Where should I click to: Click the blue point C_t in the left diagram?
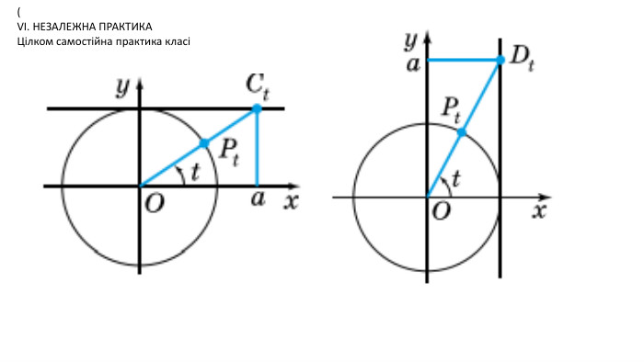[x=257, y=108]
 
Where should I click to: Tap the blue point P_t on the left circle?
[x=204, y=143]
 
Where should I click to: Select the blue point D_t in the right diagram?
[x=500, y=61]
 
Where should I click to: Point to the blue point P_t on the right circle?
[x=462, y=132]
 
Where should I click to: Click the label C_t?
[x=258, y=87]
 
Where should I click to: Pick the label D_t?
[x=522, y=60]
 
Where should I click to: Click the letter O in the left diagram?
[x=155, y=203]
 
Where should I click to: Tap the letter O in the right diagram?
[x=442, y=211]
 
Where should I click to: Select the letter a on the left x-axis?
[x=258, y=198]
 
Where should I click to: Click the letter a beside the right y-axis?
[x=413, y=64]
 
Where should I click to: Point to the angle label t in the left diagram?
[x=195, y=172]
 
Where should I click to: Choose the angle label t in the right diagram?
[x=456, y=178]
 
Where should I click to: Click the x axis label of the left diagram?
[x=292, y=202]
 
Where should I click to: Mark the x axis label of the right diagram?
[x=540, y=210]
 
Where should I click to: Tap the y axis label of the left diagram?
[x=122, y=87]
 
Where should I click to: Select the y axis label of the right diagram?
[x=411, y=40]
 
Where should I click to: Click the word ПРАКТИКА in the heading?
[x=126, y=27]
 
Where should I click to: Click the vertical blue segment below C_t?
[x=257, y=148]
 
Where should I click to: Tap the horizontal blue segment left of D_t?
[x=464, y=61]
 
